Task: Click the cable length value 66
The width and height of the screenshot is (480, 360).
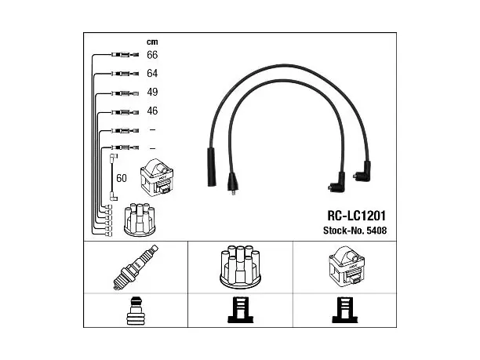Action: coord(152,55)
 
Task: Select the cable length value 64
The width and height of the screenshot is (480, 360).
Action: coord(152,74)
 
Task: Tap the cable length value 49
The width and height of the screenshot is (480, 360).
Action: coord(152,92)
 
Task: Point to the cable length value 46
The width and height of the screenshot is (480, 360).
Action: coord(152,111)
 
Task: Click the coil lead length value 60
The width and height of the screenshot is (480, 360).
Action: coord(122,178)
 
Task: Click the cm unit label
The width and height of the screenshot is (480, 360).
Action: coord(152,42)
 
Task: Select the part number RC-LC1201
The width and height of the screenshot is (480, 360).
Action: coord(356,216)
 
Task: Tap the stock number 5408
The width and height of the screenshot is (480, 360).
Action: coord(376,231)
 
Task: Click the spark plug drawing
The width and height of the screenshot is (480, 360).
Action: coord(136,267)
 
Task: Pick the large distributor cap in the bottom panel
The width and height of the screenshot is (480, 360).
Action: coord(240,267)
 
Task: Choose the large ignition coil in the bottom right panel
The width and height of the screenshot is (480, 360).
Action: coord(346,267)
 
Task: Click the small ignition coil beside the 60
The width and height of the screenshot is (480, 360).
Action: coord(157,176)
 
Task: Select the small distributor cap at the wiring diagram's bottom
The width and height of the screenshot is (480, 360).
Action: coord(140,219)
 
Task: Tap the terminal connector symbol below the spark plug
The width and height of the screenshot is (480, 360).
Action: coord(136,311)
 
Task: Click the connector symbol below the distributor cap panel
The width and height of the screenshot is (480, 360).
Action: coord(241,310)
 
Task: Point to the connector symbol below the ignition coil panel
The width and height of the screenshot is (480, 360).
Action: coord(344,310)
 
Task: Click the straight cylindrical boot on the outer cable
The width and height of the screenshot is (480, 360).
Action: coord(212,167)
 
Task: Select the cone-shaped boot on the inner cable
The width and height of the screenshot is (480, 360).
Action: coord(233,183)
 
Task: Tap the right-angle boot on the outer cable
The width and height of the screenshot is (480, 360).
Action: coord(363,172)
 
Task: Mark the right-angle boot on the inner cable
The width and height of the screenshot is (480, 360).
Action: coord(338,183)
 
